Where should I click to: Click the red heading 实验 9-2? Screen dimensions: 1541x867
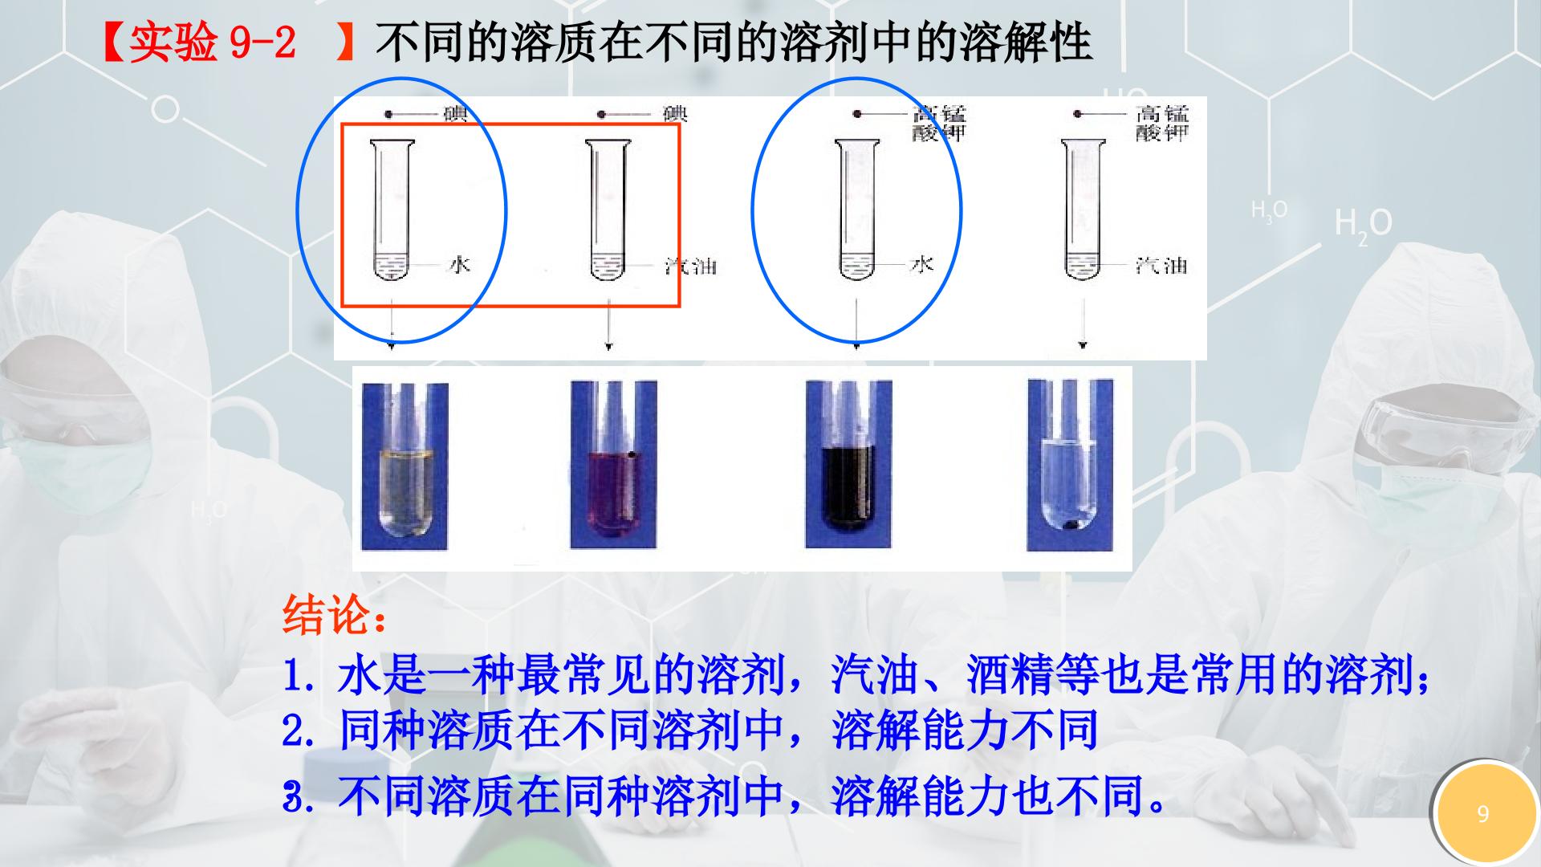click(x=212, y=43)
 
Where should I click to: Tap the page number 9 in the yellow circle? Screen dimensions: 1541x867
click(x=1482, y=814)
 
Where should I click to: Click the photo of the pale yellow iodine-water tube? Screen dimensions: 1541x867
click(x=405, y=466)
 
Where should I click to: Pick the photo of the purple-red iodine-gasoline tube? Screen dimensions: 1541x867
click(x=613, y=465)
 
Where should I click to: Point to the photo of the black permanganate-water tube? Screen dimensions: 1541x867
click(x=848, y=465)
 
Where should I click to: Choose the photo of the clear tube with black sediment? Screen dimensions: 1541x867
click(x=1071, y=466)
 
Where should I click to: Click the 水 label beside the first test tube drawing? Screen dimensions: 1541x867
click(x=458, y=264)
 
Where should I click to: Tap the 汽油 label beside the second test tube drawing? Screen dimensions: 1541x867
click(x=690, y=265)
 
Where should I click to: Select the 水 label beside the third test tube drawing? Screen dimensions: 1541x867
click(x=921, y=263)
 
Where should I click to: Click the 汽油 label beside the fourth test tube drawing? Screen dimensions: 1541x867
click(x=1161, y=264)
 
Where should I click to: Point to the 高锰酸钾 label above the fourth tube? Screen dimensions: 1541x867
click(x=1161, y=123)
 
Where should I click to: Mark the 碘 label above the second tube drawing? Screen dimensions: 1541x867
click(x=676, y=114)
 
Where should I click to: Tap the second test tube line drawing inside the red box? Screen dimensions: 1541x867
click(x=608, y=210)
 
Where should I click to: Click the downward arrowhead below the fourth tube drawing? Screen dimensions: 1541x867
click(x=1084, y=345)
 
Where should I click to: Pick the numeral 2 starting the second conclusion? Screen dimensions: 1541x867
click(x=293, y=731)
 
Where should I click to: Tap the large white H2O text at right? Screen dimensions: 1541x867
click(x=1363, y=223)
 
